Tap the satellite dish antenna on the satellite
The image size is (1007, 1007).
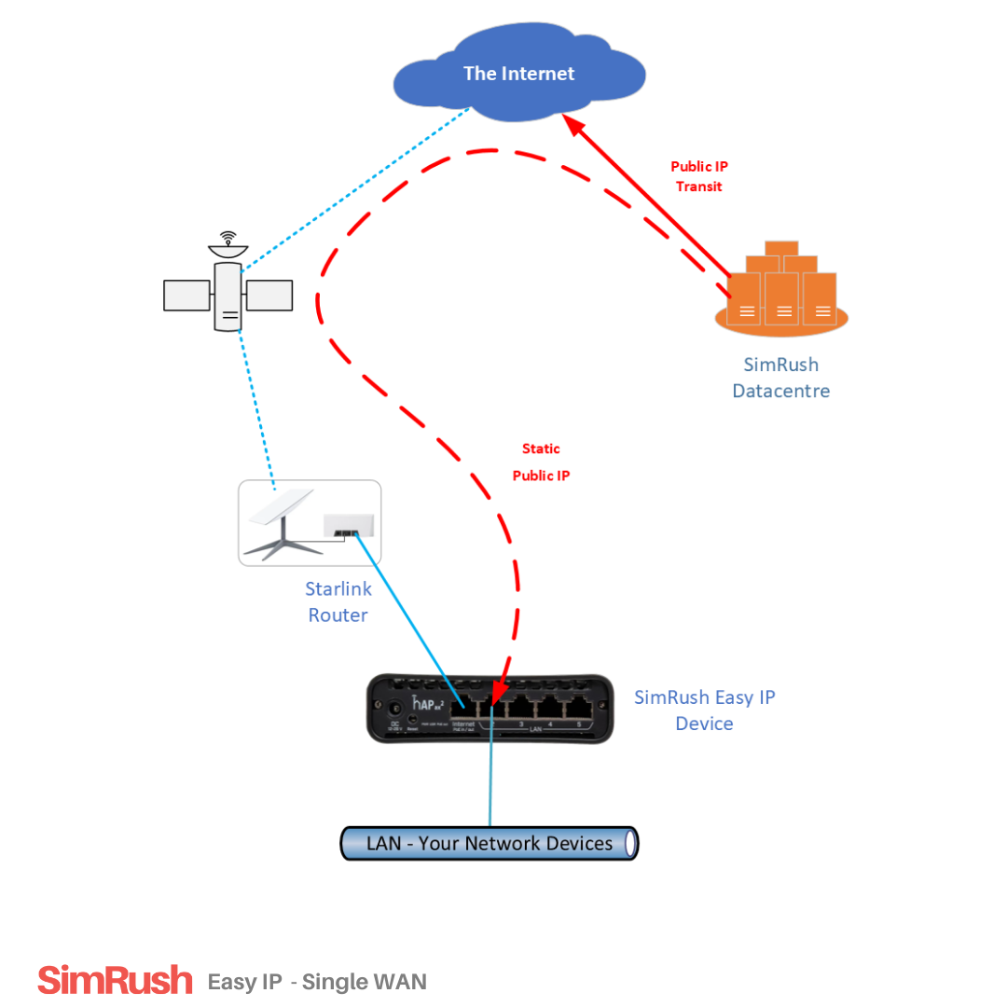pyautogui.click(x=228, y=245)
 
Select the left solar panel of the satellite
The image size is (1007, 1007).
pyautogui.click(x=186, y=295)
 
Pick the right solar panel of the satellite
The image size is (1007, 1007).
pyautogui.click(x=269, y=295)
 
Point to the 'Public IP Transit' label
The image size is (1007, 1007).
pyautogui.click(x=699, y=176)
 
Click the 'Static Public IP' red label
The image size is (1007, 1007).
pyautogui.click(x=541, y=462)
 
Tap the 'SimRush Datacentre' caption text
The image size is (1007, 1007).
pyautogui.click(x=781, y=378)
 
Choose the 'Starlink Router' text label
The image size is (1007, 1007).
pyautogui.click(x=338, y=601)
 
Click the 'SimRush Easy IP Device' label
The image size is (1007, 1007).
pyautogui.click(x=705, y=710)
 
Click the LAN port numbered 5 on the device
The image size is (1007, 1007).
pyautogui.click(x=579, y=706)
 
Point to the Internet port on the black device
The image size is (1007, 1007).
pyautogui.click(x=462, y=706)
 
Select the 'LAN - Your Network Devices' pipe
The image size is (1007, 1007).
pyautogui.click(x=490, y=843)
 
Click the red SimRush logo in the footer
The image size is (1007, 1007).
pyautogui.click(x=115, y=981)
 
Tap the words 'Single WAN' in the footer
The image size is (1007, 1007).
pyautogui.click(x=365, y=982)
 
